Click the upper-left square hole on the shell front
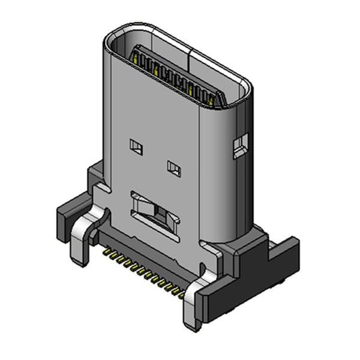(x=136, y=146)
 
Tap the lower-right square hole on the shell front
(x=173, y=169)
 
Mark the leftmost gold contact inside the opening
(x=139, y=59)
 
